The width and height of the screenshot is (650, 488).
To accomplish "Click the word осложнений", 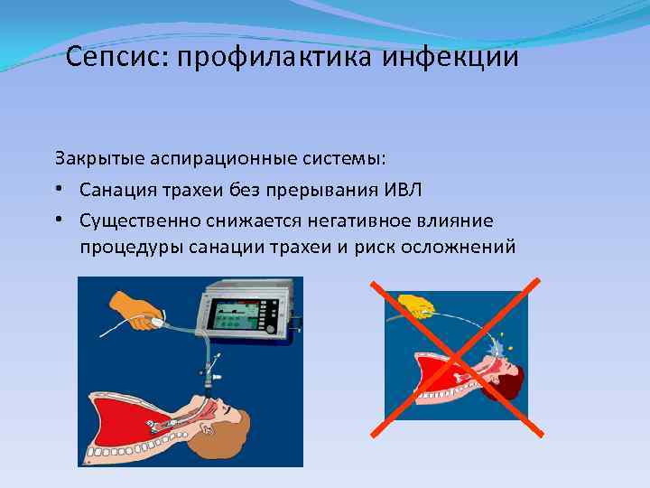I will pos(462,247).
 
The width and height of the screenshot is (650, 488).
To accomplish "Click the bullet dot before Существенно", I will pos(59,220).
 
